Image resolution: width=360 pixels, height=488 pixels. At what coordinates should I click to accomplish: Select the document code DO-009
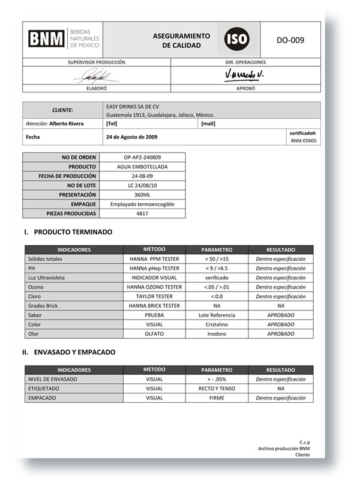[x=290, y=41]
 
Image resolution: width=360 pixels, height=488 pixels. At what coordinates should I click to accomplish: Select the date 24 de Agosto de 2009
[x=133, y=137]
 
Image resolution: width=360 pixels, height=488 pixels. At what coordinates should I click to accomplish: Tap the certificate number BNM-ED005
[x=304, y=141]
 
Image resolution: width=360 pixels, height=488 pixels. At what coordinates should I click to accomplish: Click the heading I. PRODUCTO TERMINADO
[x=68, y=232]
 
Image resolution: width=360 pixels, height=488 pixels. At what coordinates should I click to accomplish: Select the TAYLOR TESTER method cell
[x=154, y=296]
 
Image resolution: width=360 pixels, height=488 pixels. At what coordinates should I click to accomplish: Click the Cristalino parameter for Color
[x=217, y=324]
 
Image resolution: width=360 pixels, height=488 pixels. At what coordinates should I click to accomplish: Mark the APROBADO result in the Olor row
[x=280, y=334]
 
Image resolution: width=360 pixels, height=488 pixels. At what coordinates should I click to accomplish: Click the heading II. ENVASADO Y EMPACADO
[x=70, y=353]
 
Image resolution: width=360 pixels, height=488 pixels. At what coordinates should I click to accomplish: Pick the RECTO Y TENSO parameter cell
[x=217, y=388]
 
